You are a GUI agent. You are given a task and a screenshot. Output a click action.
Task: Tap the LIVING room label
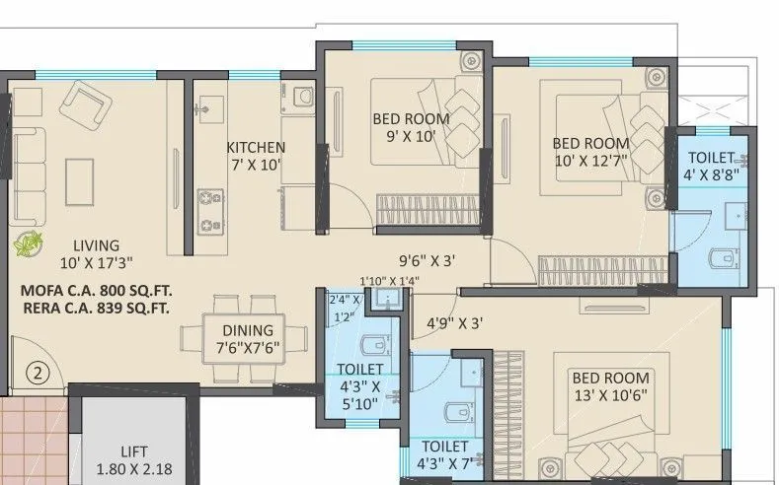pyautogui.click(x=88, y=245)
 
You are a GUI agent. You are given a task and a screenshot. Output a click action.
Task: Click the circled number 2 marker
pyautogui.click(x=37, y=373)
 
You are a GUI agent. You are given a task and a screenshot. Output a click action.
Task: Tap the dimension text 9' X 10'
pyautogui.click(x=410, y=137)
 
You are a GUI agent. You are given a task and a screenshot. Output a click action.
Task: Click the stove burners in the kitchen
pyautogui.click(x=209, y=206)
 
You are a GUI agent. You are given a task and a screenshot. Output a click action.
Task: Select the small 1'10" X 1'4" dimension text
pyautogui.click(x=390, y=280)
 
